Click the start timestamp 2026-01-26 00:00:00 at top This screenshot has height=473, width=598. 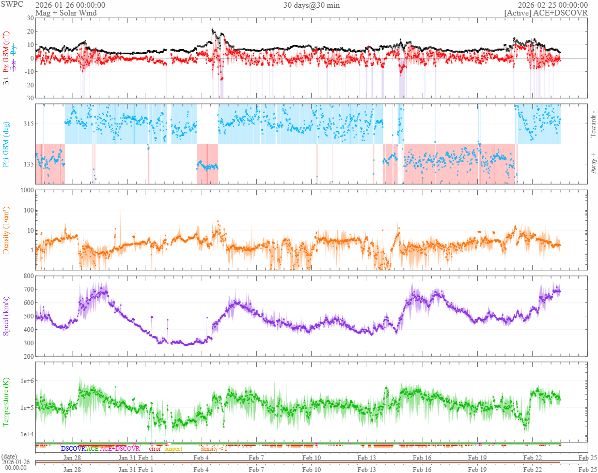70,5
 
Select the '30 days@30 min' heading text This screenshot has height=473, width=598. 311,5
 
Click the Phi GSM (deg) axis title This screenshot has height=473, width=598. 7,144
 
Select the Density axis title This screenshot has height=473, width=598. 7,230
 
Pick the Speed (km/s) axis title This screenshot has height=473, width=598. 7,316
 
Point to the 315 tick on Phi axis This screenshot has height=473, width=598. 27,124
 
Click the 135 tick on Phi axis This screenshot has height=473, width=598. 27,164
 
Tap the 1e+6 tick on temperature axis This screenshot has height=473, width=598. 25,381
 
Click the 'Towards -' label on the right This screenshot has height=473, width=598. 592,125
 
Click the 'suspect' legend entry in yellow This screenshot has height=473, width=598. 173,449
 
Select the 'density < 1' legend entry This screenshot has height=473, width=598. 213,449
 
